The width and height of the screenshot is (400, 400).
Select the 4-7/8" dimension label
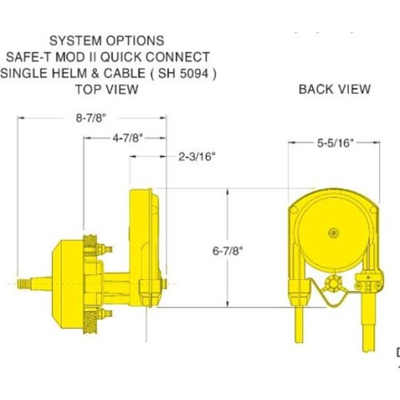pos(128,138)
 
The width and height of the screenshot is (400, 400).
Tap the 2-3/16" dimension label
pos(197,156)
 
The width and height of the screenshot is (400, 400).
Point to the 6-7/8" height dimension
pos(228,251)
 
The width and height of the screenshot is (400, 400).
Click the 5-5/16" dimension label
pos(335,143)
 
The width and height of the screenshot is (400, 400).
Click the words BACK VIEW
pos(334,89)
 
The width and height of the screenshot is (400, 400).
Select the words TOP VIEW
pos(106,89)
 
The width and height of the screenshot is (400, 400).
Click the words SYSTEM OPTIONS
pos(106,41)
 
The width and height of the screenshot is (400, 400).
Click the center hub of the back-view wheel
pos(334,233)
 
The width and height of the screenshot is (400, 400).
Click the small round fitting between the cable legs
pos(334,284)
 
